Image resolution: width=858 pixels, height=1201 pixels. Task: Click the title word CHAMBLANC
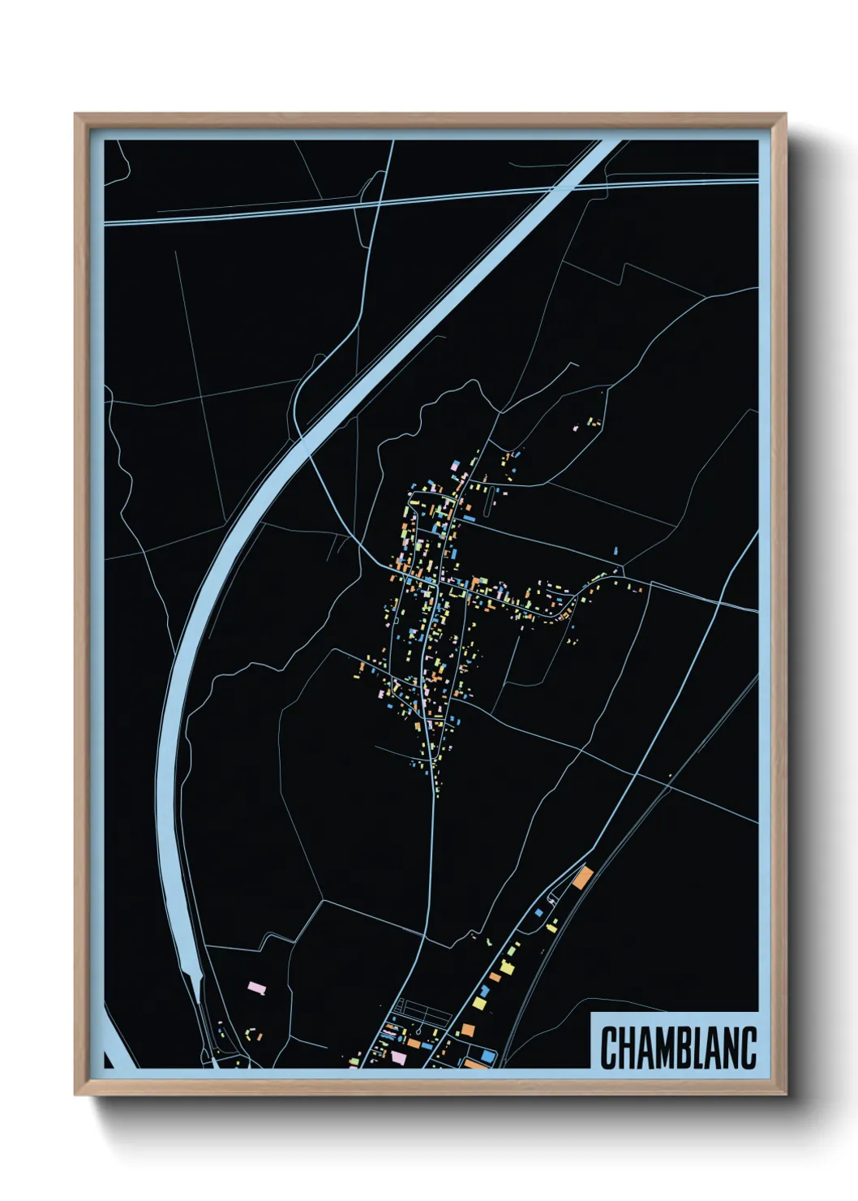pos(678,1048)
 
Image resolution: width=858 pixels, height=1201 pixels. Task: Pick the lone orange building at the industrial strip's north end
pos(583,877)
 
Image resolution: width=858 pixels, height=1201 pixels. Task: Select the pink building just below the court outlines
pos(398,1057)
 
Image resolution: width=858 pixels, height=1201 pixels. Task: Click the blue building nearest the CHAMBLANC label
pos(487,1054)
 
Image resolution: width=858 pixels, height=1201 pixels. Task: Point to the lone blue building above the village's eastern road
pos(616,552)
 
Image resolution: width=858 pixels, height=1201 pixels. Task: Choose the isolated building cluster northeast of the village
pos(592,423)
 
